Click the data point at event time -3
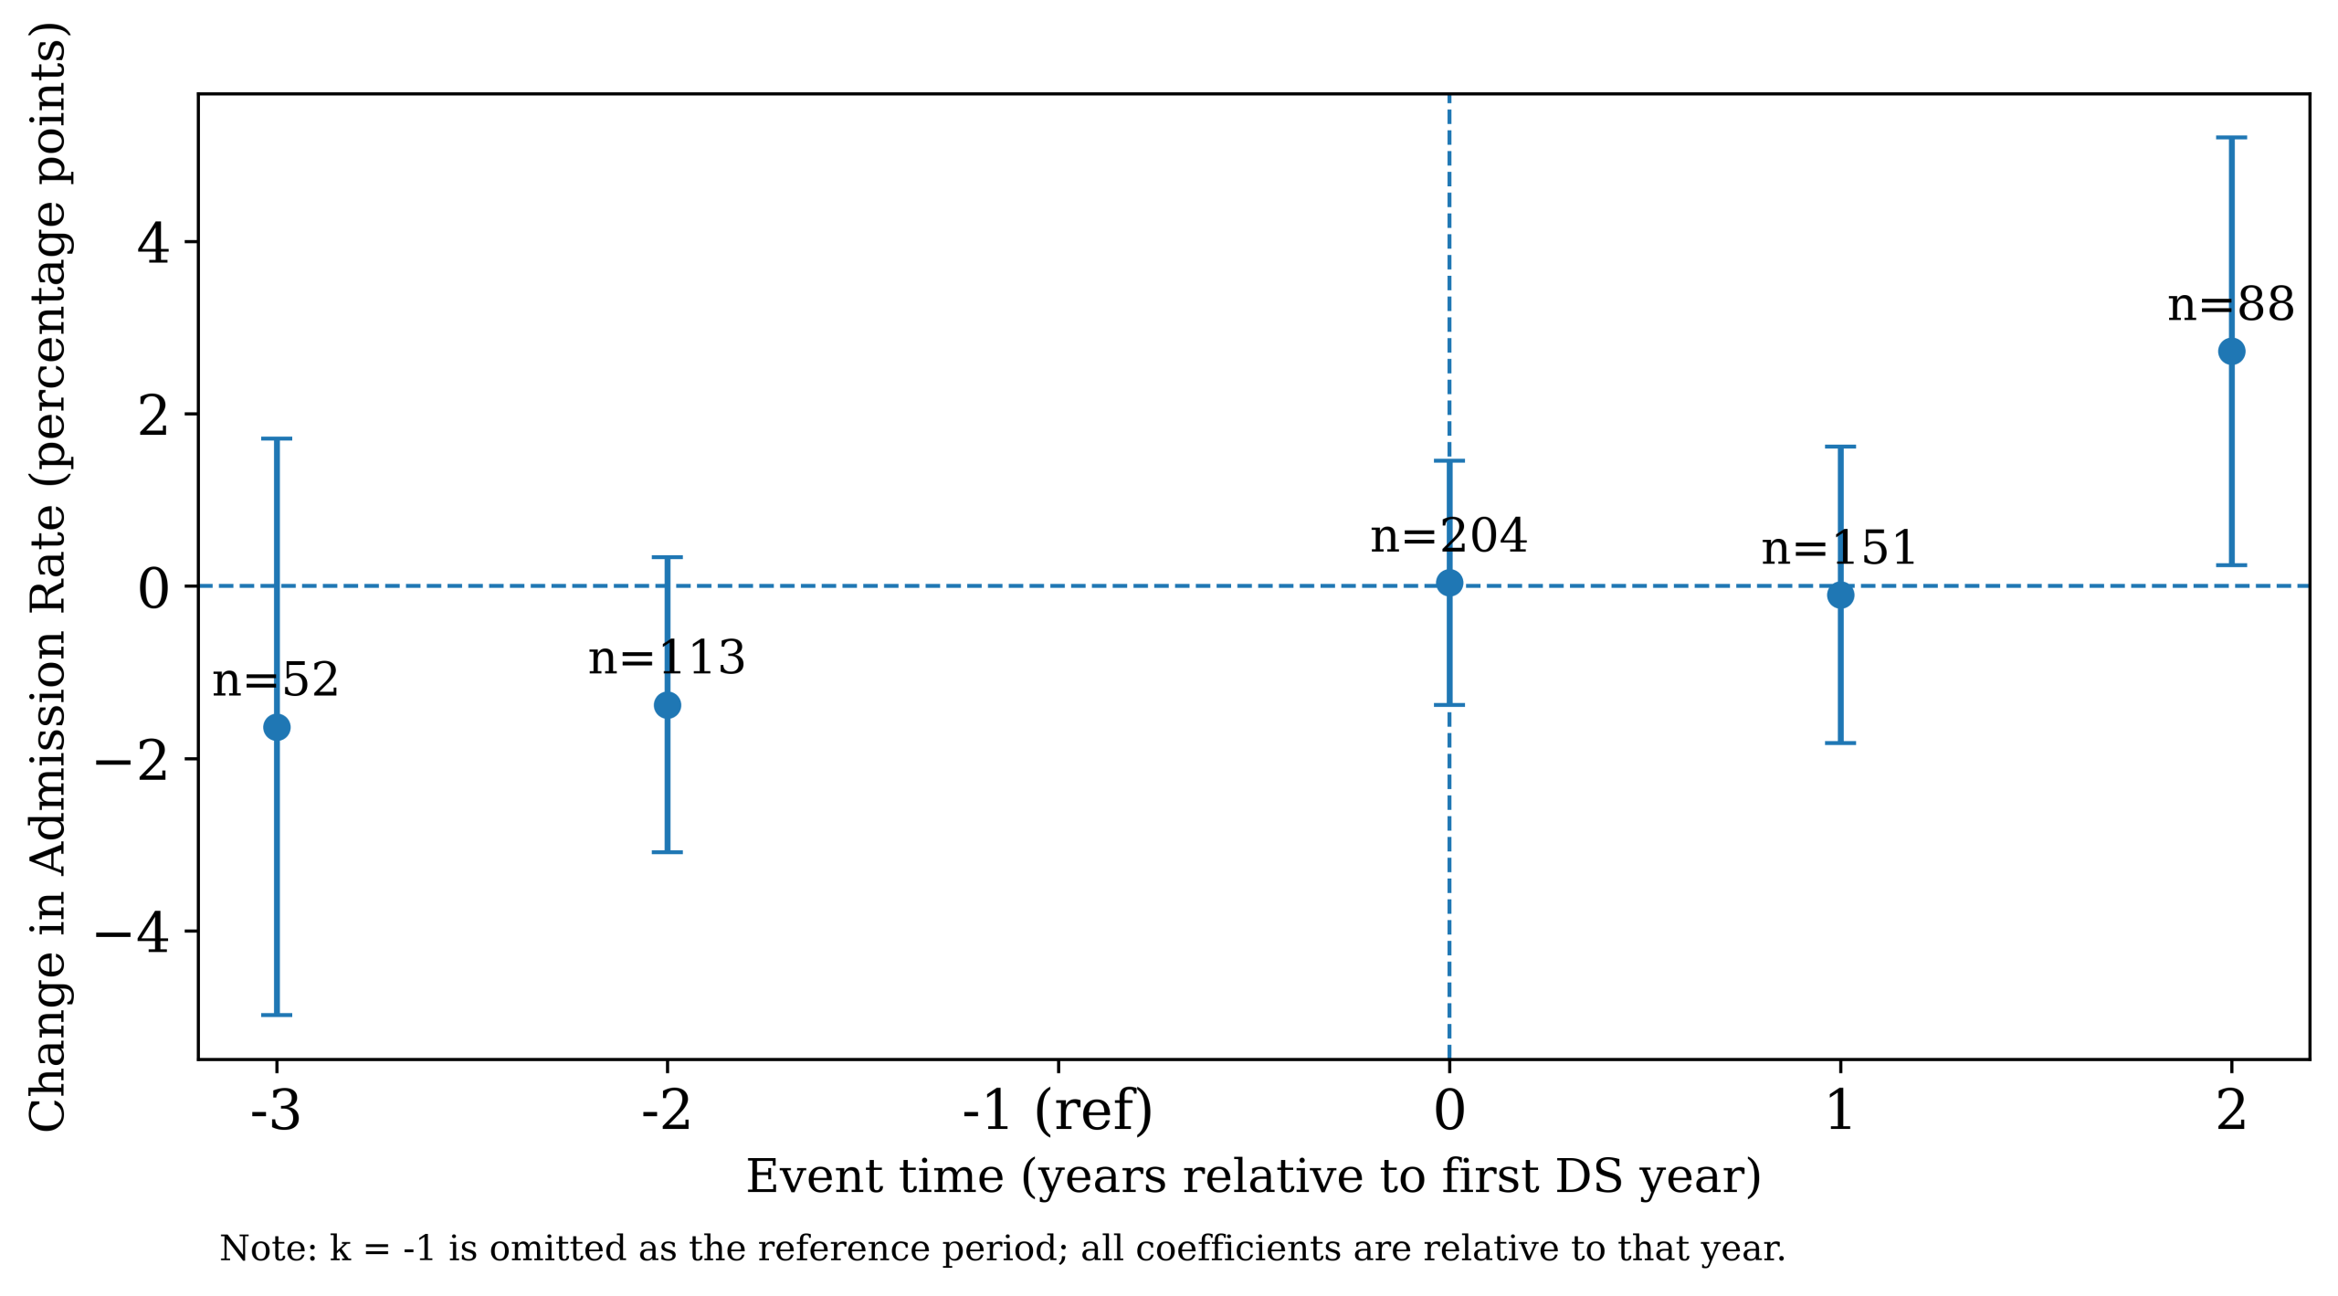tap(277, 727)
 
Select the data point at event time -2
tap(668, 705)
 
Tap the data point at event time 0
tap(1449, 583)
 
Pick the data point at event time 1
tap(1840, 595)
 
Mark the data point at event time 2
tap(2231, 352)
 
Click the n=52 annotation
tap(275, 680)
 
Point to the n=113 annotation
tap(667, 658)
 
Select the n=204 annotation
tap(1448, 535)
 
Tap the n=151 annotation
tap(1838, 548)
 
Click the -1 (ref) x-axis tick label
tap(1058, 1111)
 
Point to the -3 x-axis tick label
tap(276, 1111)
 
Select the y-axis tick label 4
tap(153, 244)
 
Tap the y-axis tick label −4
tap(132, 933)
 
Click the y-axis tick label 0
tap(153, 588)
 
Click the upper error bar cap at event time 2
tap(2231, 138)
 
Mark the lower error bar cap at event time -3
tap(277, 1015)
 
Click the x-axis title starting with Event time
tap(1253, 1176)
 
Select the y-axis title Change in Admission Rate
tap(47, 577)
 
